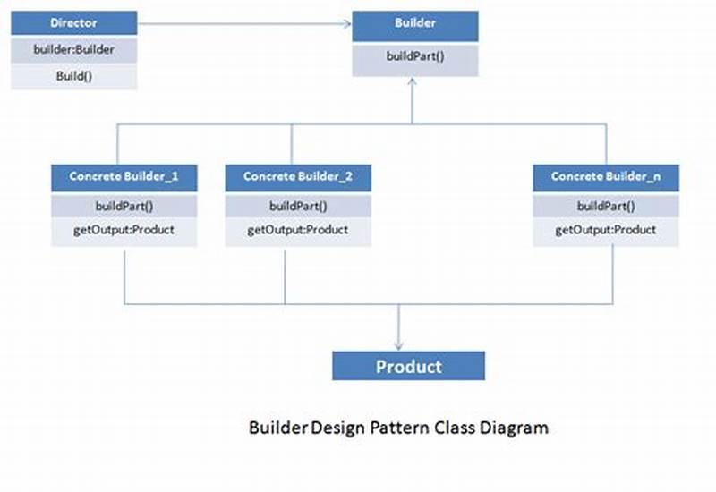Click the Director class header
pyautogui.click(x=74, y=22)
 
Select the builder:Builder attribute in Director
pyautogui.click(x=74, y=50)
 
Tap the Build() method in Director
pyautogui.click(x=74, y=77)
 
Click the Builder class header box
pyautogui.click(x=414, y=25)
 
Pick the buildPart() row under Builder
pyautogui.click(x=414, y=57)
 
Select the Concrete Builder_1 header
pyautogui.click(x=124, y=176)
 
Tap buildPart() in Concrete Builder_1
pyautogui.click(x=124, y=206)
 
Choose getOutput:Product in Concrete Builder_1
pyautogui.click(x=124, y=230)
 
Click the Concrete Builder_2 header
pyautogui.click(x=297, y=176)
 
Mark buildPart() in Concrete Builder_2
pyautogui.click(x=297, y=206)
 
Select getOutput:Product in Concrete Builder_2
pyautogui.click(x=297, y=230)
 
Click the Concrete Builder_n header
pyautogui.click(x=606, y=176)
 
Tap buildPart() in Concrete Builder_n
pyautogui.click(x=606, y=206)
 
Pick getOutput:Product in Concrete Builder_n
pyautogui.click(x=606, y=230)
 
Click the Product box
pyautogui.click(x=408, y=366)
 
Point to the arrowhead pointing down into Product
pyautogui.click(x=398, y=344)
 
